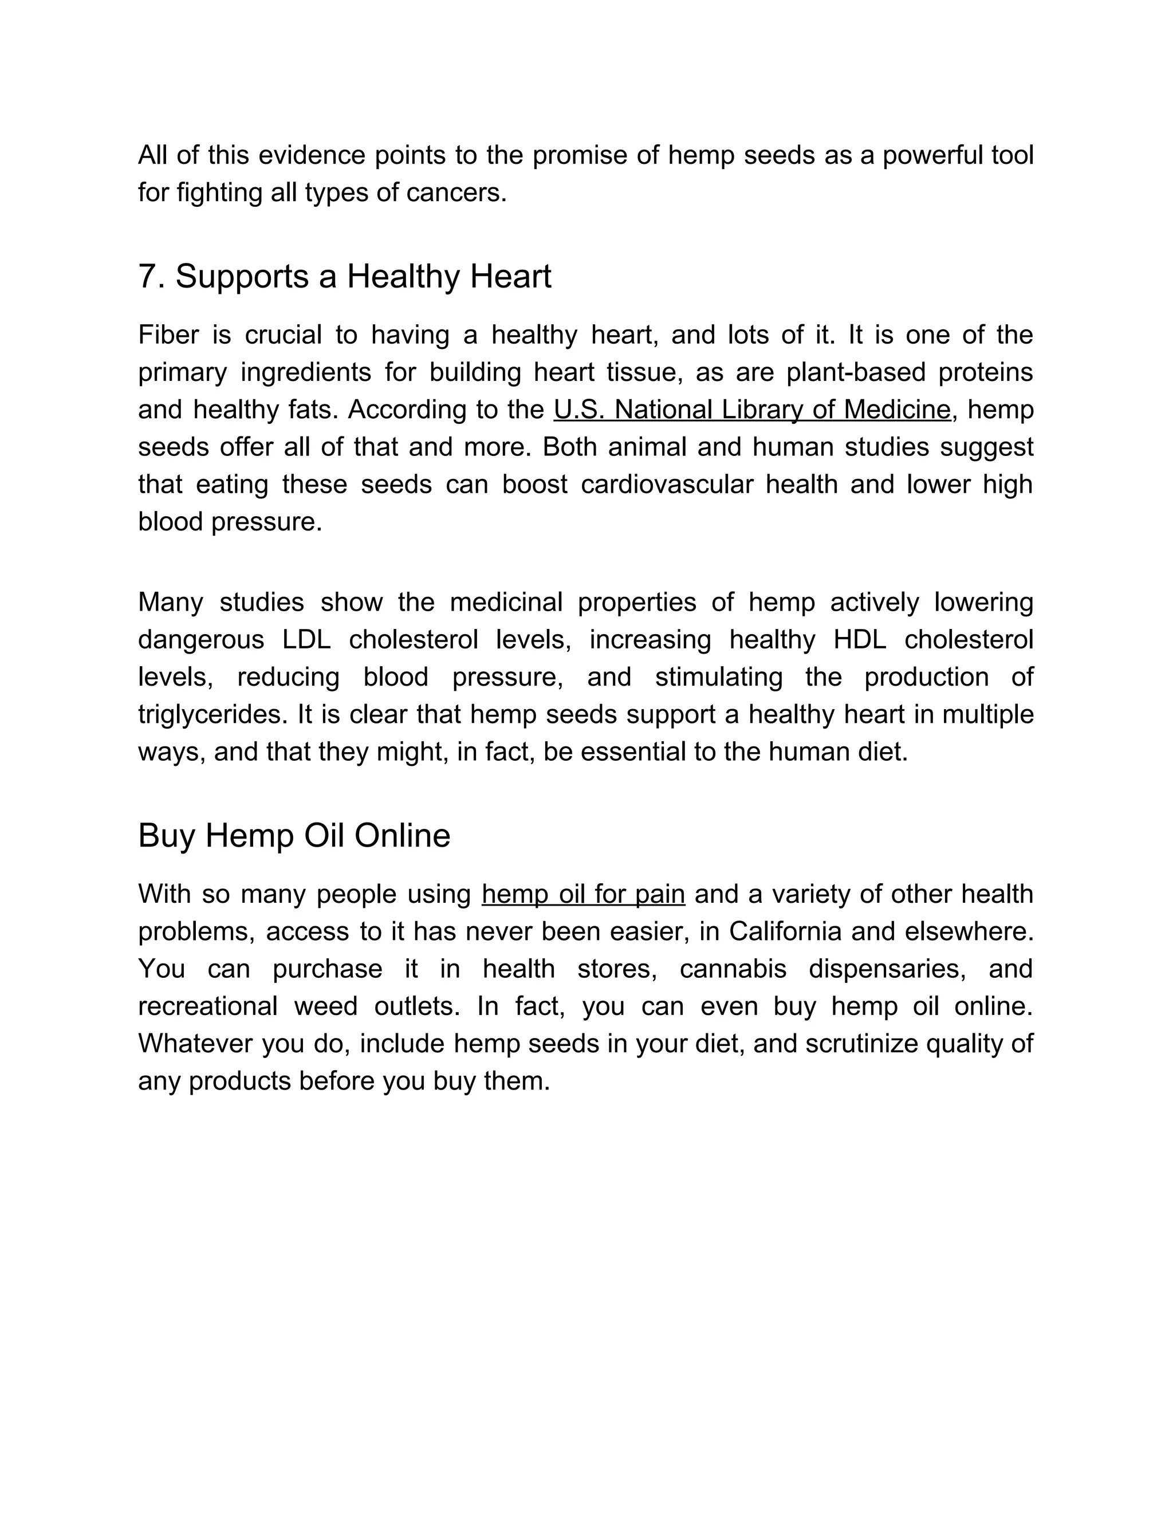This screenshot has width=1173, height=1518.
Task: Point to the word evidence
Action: coord(312,155)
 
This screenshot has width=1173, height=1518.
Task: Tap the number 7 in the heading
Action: coord(147,277)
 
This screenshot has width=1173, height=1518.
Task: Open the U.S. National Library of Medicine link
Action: coord(752,410)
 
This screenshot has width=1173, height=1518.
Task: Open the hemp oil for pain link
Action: coord(583,895)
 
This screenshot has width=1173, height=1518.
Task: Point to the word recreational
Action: coord(208,1006)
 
